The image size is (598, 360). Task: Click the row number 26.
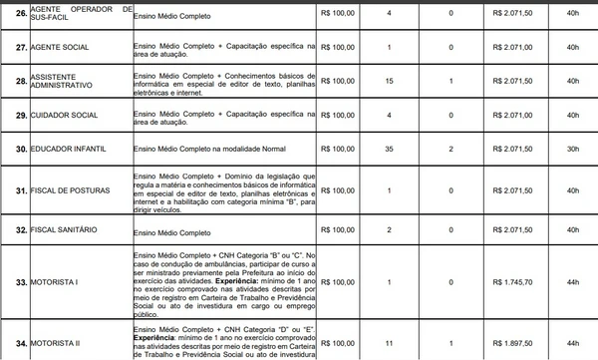click(x=15, y=14)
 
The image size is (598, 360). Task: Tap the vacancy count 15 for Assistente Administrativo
click(x=388, y=80)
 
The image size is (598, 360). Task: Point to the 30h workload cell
click(x=571, y=149)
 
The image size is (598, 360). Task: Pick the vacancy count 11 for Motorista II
click(x=388, y=343)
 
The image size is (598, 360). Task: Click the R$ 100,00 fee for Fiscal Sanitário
click(x=337, y=230)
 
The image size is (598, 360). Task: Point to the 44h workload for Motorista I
click(x=571, y=282)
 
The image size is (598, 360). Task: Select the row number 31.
click(x=15, y=189)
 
